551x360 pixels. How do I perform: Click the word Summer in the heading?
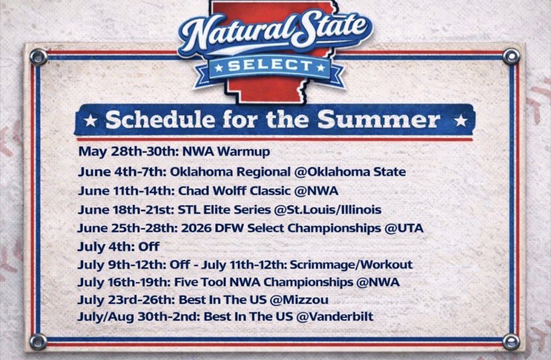tap(379, 120)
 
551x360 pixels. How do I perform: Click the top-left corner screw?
tap(38, 56)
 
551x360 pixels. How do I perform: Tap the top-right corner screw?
tap(511, 56)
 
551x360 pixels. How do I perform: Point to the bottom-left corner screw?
tap(38, 341)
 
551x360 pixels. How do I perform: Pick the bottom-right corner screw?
tap(511, 341)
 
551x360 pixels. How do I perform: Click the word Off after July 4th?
tap(148, 247)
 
